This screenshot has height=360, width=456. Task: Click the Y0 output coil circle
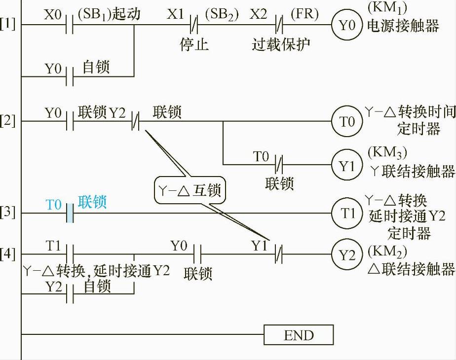point(347,25)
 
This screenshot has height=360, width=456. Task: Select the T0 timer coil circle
point(347,121)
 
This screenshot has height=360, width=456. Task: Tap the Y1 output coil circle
point(347,166)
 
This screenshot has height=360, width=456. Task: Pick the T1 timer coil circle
point(347,213)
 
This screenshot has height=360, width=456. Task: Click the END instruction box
point(299,335)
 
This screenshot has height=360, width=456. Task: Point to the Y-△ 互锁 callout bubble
point(190,190)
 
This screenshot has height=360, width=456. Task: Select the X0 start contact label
point(53,13)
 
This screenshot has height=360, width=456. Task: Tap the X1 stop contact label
point(175,13)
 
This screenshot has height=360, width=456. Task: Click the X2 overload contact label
point(258,13)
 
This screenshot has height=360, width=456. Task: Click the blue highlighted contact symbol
point(70,214)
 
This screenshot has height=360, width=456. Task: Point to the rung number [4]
point(8,254)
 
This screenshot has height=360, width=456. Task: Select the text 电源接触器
point(403,26)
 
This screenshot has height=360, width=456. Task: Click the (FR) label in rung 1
point(304,13)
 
